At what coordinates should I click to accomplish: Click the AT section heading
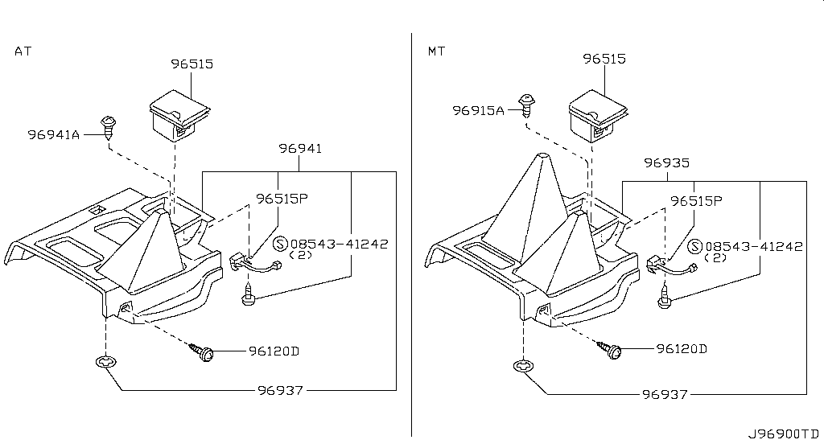23,51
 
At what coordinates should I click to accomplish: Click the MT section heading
436,51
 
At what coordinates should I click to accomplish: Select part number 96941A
54,135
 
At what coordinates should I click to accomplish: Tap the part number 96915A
478,110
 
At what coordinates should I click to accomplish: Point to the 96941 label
300,149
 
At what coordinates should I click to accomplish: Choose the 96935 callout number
667,162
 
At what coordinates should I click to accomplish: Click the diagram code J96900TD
784,434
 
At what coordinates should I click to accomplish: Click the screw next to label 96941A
109,126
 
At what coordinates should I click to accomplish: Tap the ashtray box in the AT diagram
179,117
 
